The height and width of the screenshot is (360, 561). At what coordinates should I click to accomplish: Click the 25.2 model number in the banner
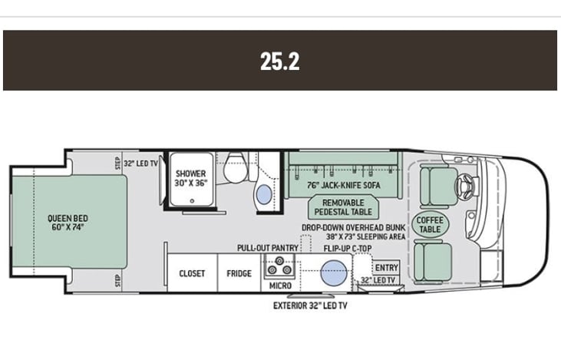(x=280, y=61)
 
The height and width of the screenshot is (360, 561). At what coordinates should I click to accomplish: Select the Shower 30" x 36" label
(x=190, y=178)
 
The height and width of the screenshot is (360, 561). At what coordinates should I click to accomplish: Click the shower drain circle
(x=192, y=201)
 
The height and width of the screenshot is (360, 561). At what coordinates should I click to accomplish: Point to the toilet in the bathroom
(x=236, y=167)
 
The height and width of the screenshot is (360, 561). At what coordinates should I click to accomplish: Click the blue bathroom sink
(x=264, y=194)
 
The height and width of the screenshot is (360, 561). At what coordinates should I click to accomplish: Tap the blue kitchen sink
(x=333, y=273)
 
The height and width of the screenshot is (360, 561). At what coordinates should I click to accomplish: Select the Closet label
(x=192, y=273)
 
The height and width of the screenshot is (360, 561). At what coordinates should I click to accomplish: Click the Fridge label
(x=239, y=273)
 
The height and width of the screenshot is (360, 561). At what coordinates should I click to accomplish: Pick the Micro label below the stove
(x=280, y=286)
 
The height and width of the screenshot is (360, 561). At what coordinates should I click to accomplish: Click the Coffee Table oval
(x=430, y=225)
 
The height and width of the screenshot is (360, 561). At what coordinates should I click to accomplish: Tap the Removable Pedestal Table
(x=343, y=207)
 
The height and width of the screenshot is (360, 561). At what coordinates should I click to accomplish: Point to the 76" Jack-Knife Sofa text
(x=344, y=185)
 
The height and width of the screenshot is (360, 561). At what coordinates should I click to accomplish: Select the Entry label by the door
(x=386, y=268)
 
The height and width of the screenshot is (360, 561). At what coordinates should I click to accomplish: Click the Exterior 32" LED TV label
(x=310, y=306)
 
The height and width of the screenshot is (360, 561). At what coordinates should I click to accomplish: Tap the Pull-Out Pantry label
(x=268, y=248)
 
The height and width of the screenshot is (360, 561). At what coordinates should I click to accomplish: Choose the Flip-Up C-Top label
(x=348, y=249)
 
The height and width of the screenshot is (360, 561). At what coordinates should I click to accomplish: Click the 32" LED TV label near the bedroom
(x=140, y=163)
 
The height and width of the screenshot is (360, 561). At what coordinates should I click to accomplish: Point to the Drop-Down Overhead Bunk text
(x=354, y=228)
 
